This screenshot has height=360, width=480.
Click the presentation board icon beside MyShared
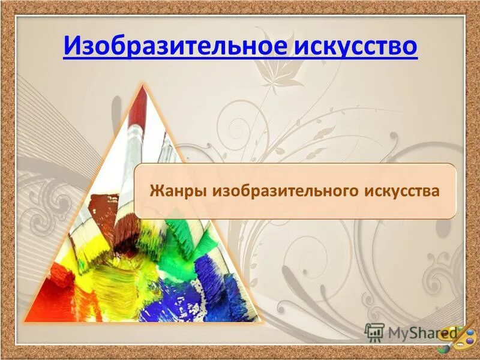[x=374, y=332]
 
